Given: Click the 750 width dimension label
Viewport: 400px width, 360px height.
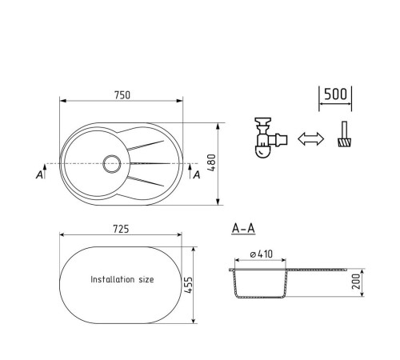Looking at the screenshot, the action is click(x=122, y=95).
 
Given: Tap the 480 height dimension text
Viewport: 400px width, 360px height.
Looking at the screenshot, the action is click(x=211, y=162).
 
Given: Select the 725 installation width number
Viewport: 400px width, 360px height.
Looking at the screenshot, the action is click(x=121, y=229).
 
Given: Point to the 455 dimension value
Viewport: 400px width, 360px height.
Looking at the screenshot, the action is click(x=188, y=286).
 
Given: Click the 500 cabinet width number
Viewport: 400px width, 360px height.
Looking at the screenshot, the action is click(x=336, y=94).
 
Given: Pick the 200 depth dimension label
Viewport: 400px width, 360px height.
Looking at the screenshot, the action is click(x=356, y=282).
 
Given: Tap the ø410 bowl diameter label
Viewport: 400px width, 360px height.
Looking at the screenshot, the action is click(x=262, y=254).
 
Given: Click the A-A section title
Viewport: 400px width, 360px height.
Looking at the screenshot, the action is click(x=243, y=229).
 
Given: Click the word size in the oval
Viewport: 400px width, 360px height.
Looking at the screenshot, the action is click(x=146, y=279).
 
